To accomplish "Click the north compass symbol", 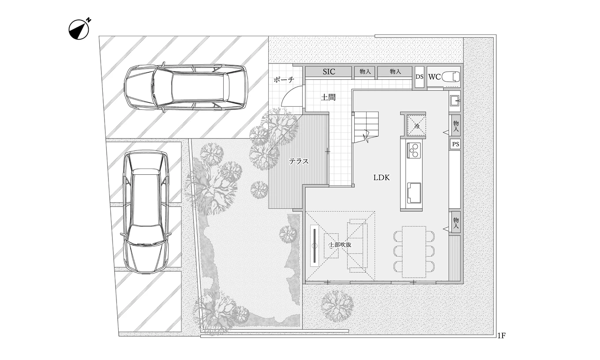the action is tap(79, 30).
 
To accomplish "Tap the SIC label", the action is tap(329, 72).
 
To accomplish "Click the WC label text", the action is tap(434, 77).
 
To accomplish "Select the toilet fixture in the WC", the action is tap(450, 77).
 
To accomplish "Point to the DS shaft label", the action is tap(420, 77).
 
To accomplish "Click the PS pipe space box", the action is tap(455, 144).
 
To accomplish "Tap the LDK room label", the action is tap(382, 178).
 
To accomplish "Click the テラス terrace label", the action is tap(299, 161).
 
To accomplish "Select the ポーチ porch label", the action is tap(284, 79).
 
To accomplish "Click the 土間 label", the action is tap(328, 97).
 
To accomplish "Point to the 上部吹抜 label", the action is tap(340, 244).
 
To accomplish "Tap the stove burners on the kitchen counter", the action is tap(414, 150).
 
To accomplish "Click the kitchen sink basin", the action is tap(414, 193).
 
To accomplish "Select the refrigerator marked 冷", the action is tap(416, 125).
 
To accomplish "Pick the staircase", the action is tap(365, 127).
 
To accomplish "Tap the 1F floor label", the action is tap(502, 336).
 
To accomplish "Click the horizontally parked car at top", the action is tap(186, 87).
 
